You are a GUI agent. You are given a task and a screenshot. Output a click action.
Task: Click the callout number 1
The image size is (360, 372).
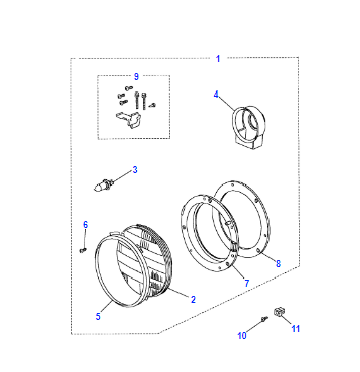coord(218,59)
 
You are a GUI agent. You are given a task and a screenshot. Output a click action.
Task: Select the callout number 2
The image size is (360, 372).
coord(193,299)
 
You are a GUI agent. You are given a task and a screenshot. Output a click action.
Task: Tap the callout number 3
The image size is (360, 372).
coord(135,170)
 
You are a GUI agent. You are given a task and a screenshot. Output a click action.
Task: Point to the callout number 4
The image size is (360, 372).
coord(216,94)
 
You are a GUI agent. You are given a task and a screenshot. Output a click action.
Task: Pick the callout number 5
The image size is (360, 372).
coord(98,316)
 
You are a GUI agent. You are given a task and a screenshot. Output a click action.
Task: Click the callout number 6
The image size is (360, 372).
coord(85,225)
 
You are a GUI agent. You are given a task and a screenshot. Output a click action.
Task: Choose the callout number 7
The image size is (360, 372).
coord(247,283)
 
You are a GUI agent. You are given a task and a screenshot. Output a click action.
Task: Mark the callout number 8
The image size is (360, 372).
coord(278,263)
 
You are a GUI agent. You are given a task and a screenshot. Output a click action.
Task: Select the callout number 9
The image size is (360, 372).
coord(136,76)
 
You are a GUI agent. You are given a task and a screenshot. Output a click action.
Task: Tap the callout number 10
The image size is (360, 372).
coord(242,335)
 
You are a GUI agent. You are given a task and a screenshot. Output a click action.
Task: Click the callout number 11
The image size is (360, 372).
coord(296,329)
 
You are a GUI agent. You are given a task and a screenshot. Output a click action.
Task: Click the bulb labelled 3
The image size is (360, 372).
coord(104,185)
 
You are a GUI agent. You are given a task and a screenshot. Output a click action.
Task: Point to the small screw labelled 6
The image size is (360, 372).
coord(83,249)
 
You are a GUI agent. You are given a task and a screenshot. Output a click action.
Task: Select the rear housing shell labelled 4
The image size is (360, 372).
coord(248,127)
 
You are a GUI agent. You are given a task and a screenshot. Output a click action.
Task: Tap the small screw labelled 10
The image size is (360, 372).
coord(265,319)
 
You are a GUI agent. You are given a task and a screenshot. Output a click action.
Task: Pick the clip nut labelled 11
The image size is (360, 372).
coord(279,313)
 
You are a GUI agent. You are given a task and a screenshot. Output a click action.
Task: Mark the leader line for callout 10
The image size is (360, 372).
coord(255,326)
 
